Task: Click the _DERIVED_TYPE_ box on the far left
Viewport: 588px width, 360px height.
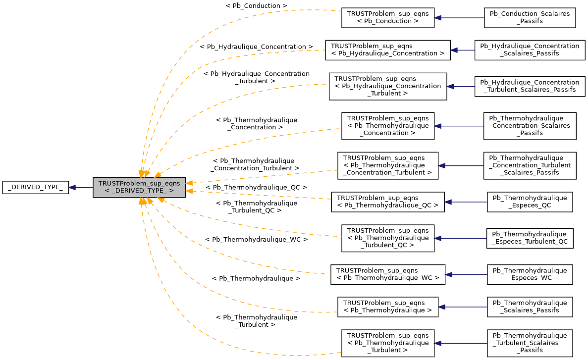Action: [x=35, y=187]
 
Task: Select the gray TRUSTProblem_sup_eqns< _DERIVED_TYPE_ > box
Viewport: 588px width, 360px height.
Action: [x=139, y=187]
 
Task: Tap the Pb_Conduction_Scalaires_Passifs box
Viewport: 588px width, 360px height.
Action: [x=530, y=18]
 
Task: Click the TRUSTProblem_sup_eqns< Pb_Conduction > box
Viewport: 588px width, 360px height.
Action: [x=388, y=18]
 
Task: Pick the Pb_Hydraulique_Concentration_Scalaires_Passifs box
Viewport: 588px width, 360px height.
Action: [x=530, y=50]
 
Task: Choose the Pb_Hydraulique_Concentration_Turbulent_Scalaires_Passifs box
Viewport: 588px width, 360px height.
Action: [x=530, y=86]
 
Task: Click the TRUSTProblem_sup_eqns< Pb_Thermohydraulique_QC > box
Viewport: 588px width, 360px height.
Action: [x=388, y=202]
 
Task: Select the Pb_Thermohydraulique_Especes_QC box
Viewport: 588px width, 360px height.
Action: [x=530, y=202]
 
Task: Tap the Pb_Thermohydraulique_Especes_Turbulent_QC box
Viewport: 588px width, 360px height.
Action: [x=530, y=238]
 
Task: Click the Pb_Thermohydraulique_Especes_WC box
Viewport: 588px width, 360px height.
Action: [x=530, y=274]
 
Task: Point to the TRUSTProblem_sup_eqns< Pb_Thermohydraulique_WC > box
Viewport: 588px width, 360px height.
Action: [x=388, y=274]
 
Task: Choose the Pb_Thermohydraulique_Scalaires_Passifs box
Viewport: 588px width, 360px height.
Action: [x=530, y=307]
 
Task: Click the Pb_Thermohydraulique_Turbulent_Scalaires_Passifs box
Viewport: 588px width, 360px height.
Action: [x=530, y=343]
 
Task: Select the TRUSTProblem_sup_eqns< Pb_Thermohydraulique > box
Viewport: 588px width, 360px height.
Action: [x=388, y=307]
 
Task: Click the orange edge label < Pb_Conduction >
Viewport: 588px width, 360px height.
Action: [x=256, y=5]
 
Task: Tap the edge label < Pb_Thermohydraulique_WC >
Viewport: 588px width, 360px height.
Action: [x=256, y=239]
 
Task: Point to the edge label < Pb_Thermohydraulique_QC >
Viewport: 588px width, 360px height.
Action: [x=256, y=188]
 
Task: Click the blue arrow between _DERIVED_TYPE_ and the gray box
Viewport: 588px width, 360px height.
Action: [x=81, y=187]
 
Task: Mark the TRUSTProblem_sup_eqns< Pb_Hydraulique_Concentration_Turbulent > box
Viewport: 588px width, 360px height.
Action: [x=388, y=86]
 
